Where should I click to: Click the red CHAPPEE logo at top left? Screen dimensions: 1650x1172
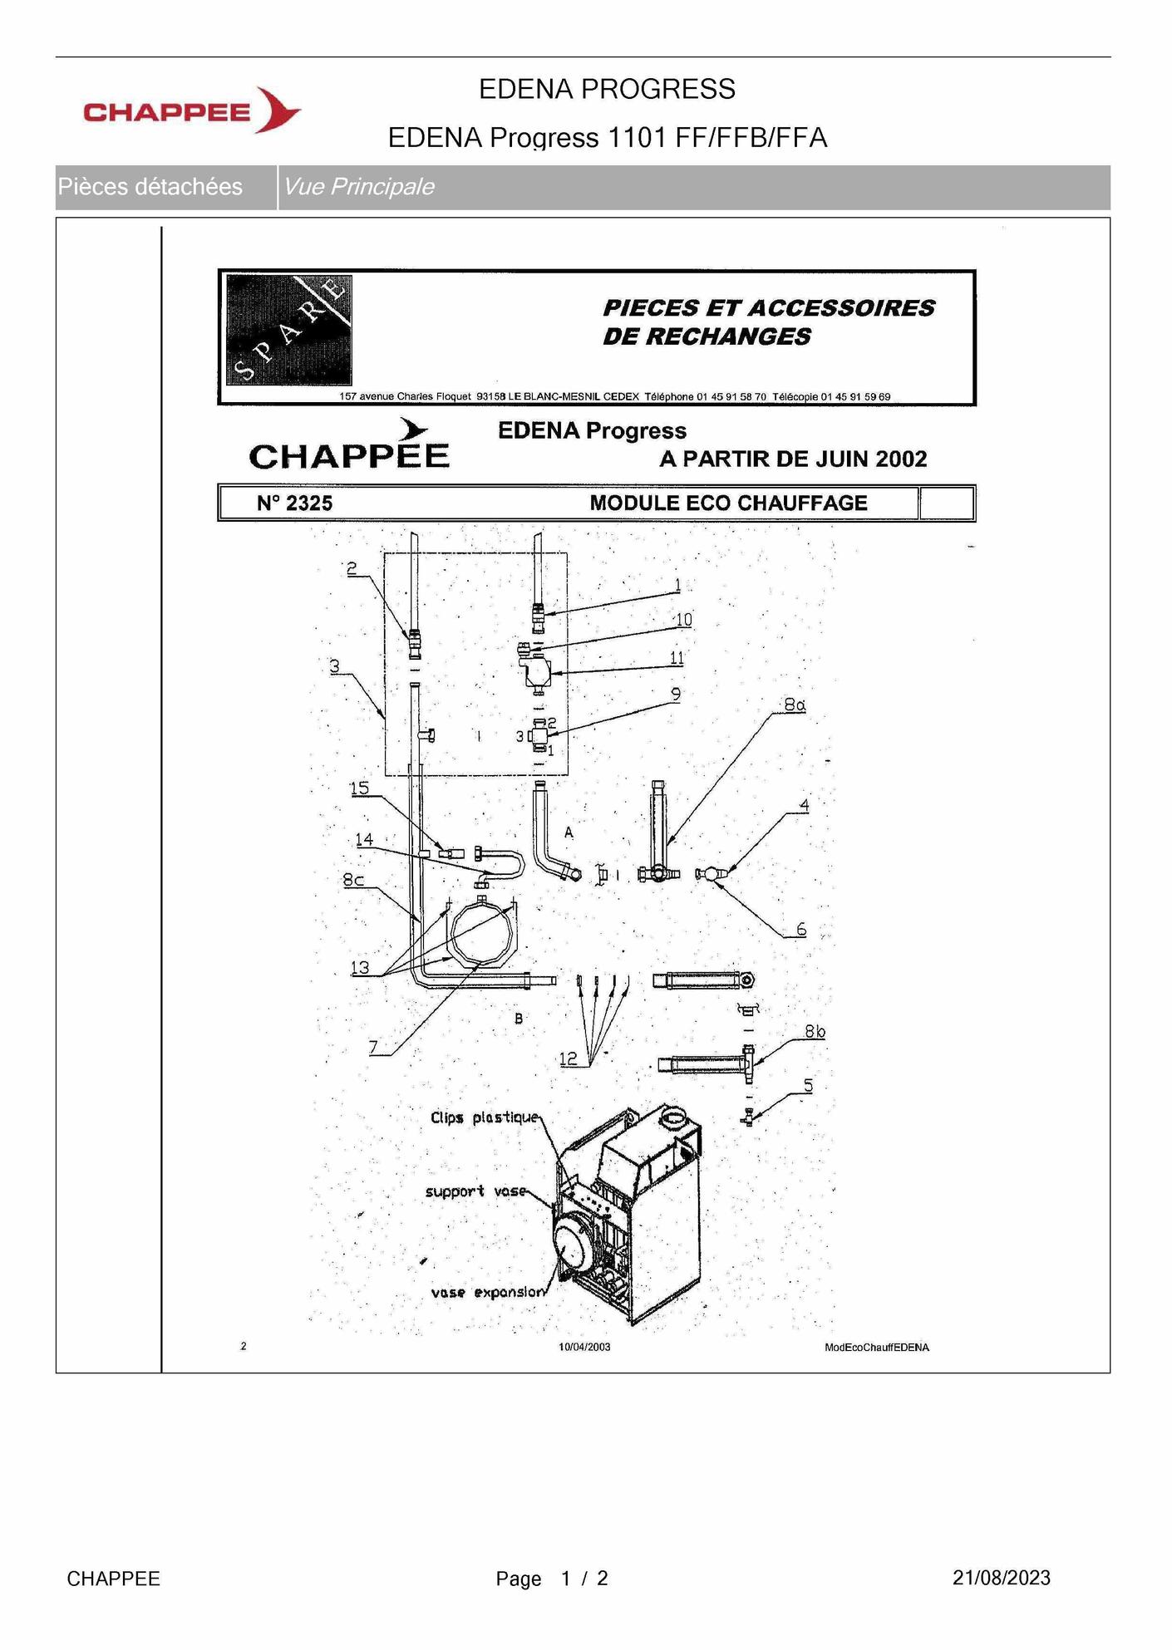click(x=191, y=110)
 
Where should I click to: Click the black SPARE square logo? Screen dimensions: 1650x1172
click(x=289, y=331)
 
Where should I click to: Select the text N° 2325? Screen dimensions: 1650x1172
click(x=294, y=503)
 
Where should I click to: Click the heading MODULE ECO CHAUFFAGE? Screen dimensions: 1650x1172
click(x=728, y=503)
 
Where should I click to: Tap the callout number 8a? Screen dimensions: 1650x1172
click(x=794, y=705)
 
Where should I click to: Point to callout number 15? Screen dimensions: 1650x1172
click(x=359, y=788)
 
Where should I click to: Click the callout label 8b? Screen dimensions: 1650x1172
click(x=815, y=1032)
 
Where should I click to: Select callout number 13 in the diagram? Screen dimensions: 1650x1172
click(x=360, y=967)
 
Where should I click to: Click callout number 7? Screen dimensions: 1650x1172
click(x=374, y=1048)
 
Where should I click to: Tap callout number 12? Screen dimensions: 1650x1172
click(x=569, y=1058)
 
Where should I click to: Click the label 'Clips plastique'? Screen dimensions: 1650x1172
click(x=484, y=1117)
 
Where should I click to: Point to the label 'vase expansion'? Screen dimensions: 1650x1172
click(x=488, y=1292)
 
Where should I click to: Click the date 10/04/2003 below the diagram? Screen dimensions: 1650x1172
click(x=584, y=1347)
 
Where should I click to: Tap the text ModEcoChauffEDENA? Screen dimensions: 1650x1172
click(x=876, y=1347)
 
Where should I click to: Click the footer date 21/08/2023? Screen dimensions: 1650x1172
click(x=1001, y=1578)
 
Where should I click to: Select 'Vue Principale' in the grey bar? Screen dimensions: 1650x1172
click(x=358, y=187)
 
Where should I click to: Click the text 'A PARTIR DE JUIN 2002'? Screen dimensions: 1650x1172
click(x=793, y=459)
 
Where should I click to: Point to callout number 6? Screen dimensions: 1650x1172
click(x=800, y=929)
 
